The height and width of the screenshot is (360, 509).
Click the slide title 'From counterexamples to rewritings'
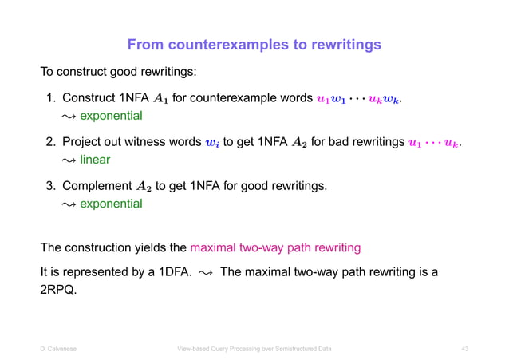[254, 44]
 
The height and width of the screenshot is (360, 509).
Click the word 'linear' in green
[95, 160]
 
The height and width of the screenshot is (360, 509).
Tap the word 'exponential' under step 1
[111, 116]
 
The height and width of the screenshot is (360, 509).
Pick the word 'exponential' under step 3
[111, 204]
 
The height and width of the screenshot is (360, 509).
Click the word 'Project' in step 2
[84, 143]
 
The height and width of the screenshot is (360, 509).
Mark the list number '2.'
[50, 143]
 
